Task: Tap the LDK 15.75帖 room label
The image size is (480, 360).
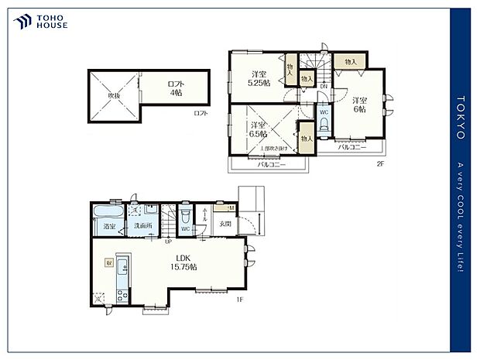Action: [183, 262]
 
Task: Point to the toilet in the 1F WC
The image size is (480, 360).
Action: [186, 218]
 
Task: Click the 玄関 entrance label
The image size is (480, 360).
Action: [223, 225]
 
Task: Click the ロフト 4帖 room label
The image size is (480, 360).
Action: [176, 87]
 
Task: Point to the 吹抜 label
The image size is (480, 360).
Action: [114, 96]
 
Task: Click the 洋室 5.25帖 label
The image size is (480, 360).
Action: [258, 78]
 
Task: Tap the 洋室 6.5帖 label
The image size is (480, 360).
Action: [258, 129]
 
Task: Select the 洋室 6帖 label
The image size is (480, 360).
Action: [358, 105]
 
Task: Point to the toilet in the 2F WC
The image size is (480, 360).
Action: [324, 125]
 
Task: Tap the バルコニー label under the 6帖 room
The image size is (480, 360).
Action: [353, 146]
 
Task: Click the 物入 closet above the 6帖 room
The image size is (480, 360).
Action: [351, 61]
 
